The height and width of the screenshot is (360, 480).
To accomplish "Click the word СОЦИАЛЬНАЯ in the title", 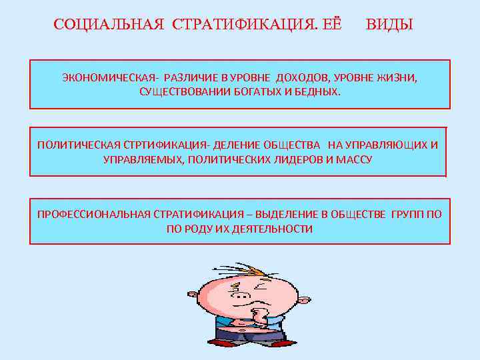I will [x=109, y=25].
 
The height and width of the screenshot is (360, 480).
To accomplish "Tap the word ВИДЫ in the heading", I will [x=389, y=25].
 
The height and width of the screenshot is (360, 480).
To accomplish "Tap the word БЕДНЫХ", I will [x=315, y=91].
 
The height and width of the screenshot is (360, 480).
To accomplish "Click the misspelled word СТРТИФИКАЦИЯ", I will [x=163, y=145].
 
